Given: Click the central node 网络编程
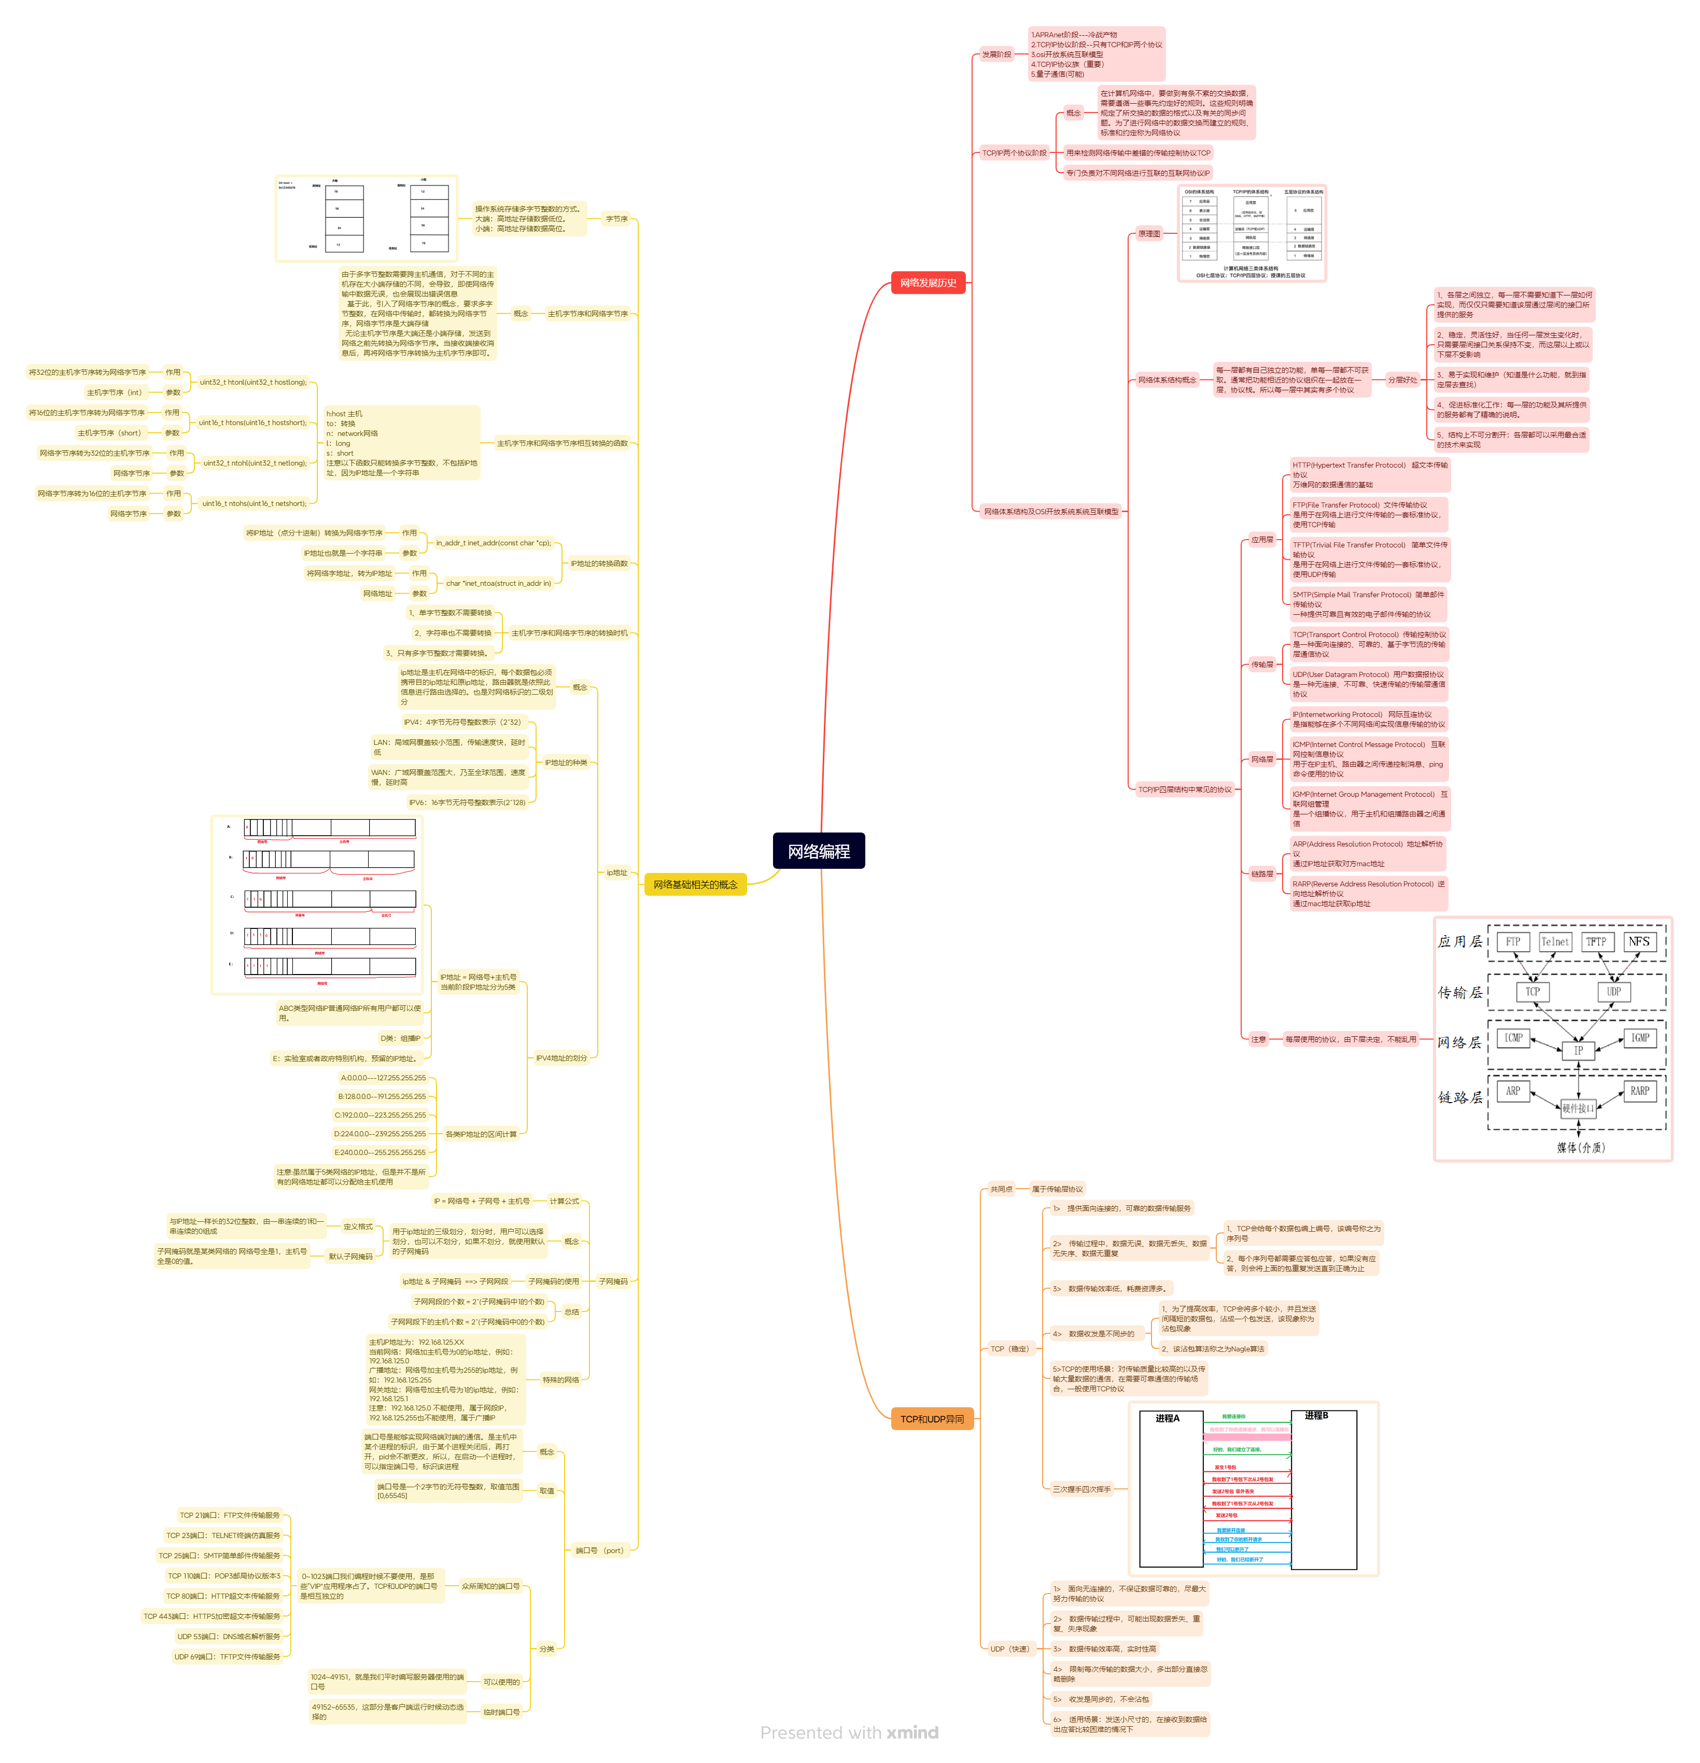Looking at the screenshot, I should tap(819, 851).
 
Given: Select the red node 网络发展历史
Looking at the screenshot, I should tap(928, 284).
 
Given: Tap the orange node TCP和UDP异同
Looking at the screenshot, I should tap(931, 1419).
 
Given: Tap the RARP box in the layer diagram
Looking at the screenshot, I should tap(1640, 1091).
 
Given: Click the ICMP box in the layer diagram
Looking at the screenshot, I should tap(1514, 1038).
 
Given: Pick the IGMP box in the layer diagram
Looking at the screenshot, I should tap(1640, 1038).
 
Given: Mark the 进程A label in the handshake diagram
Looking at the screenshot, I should tap(1168, 1418).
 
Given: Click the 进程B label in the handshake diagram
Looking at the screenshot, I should tap(1316, 1416).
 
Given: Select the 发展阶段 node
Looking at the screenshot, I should tap(996, 55).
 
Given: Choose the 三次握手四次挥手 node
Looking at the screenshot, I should tap(1081, 1489).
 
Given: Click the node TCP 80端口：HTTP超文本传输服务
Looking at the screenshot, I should tap(223, 1597).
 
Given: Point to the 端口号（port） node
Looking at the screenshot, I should tap(599, 1550).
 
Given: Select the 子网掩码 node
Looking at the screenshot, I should tap(613, 1282).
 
